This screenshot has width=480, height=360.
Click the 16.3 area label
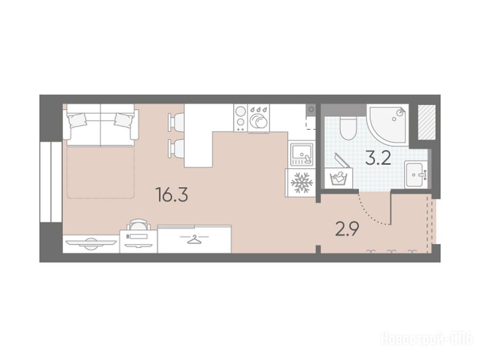point(172,195)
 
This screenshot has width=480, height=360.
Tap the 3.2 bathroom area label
point(378,158)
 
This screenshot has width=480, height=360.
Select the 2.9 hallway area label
point(347,229)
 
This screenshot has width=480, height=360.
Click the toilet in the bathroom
point(348,128)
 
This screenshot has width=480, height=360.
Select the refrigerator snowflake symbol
point(302,183)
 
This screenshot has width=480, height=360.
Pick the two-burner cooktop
point(241,118)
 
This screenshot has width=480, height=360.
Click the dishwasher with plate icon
point(259,119)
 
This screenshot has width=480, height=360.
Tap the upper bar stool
point(176,122)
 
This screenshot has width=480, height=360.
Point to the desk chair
point(139,225)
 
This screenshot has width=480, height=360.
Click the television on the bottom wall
point(91,243)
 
